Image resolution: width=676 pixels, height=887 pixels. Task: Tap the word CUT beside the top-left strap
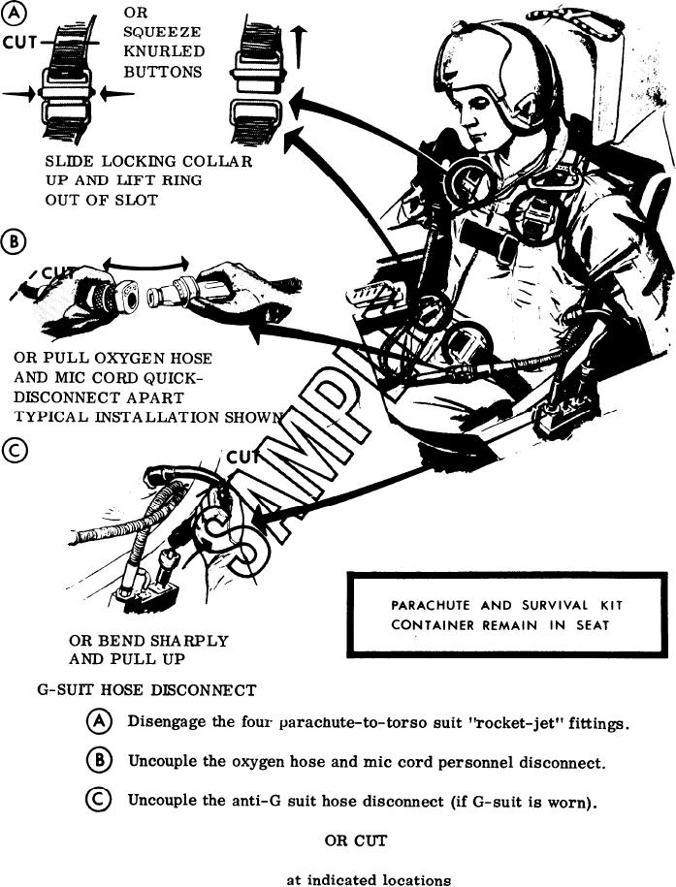(x=19, y=43)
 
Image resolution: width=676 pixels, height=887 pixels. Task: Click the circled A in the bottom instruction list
(x=99, y=722)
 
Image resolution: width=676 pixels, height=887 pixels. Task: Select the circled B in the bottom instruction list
(x=99, y=761)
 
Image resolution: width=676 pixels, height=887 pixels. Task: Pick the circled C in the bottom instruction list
(x=99, y=801)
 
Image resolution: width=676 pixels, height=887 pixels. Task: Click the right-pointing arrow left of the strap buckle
(x=17, y=94)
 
